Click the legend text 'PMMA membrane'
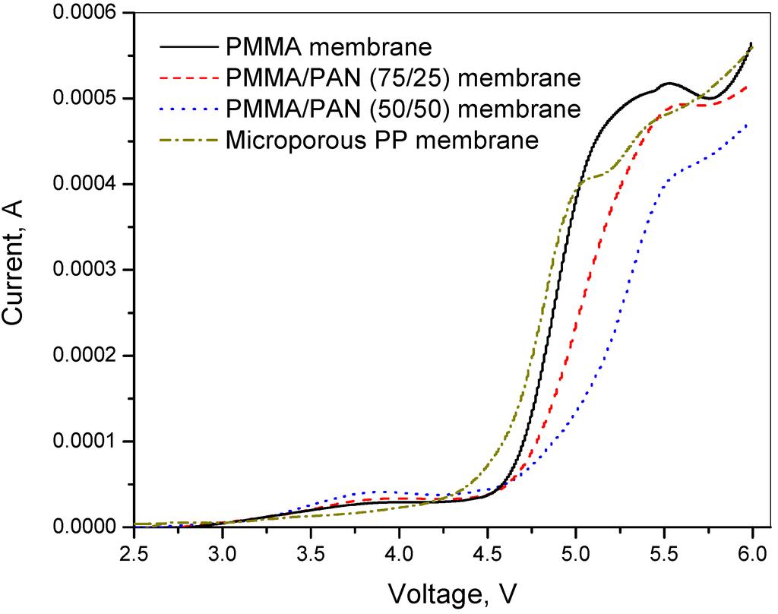pos(329,47)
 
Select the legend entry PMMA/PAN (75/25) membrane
pos(403,78)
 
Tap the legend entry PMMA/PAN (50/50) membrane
pos(403,109)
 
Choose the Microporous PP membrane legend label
pos(382,141)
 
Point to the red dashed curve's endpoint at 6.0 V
pos(749,87)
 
